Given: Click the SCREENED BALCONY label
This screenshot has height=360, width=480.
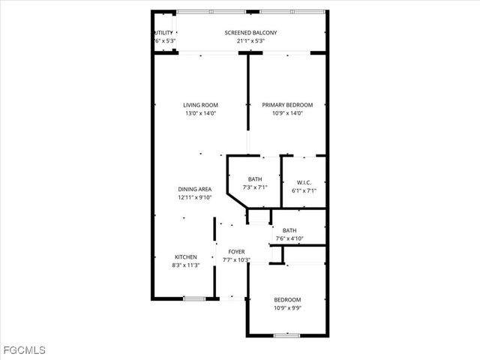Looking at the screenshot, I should (x=250, y=33).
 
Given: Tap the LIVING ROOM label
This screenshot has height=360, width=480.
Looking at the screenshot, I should (x=200, y=105).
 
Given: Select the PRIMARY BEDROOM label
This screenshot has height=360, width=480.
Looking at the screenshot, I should (x=287, y=105).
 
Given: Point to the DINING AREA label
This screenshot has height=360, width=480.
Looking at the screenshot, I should (x=194, y=189).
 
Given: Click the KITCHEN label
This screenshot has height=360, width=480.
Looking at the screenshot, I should (x=186, y=256).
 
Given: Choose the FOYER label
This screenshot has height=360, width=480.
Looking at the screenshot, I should (x=236, y=252).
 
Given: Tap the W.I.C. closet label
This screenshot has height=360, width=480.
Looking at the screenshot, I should (x=304, y=181).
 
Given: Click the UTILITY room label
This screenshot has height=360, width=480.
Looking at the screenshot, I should (x=163, y=33).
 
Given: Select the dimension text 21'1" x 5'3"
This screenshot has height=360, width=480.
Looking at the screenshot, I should (x=250, y=41).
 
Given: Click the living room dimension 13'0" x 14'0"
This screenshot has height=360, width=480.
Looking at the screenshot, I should (x=200, y=113).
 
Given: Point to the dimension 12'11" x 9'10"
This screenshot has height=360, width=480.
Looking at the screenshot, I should (x=194, y=197).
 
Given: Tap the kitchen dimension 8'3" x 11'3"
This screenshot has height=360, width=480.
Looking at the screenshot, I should (x=186, y=265).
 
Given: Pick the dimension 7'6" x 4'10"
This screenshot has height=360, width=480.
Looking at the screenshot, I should (x=289, y=238).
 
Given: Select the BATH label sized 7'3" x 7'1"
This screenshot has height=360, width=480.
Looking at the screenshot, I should (x=255, y=178).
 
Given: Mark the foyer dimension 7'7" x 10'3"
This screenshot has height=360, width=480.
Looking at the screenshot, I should (x=236, y=259).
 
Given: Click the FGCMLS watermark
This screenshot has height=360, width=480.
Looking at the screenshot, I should (x=24, y=350).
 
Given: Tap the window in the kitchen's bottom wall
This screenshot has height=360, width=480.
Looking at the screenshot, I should (x=194, y=298).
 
